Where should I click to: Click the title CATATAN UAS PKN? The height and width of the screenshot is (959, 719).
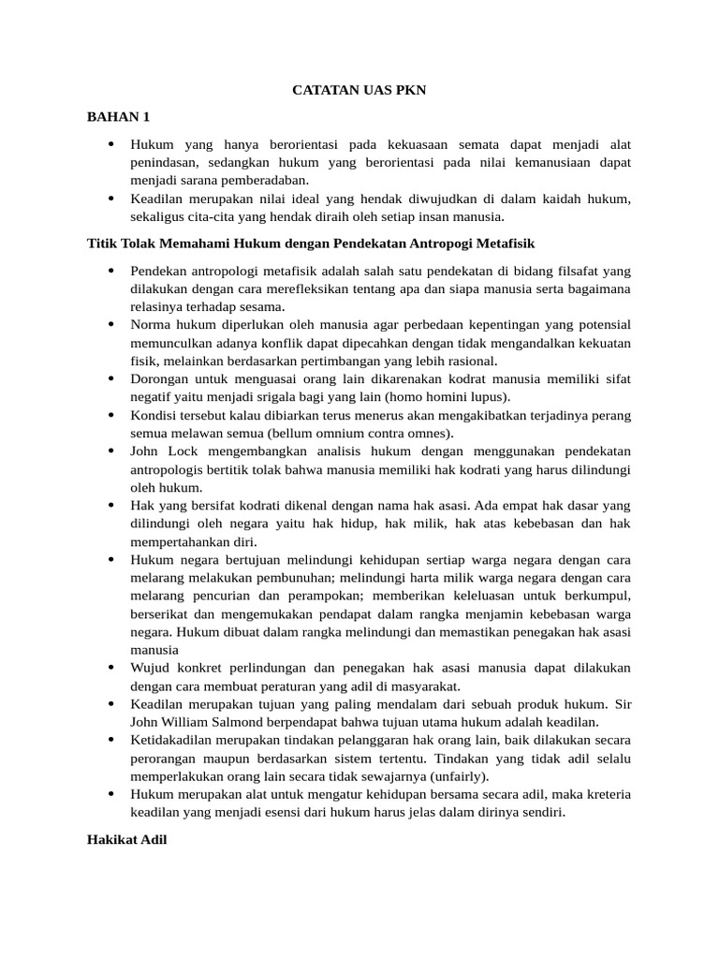(359, 91)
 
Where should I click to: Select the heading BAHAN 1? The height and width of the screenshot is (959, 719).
(118, 117)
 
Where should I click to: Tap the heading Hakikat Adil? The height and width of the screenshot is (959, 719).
(126, 840)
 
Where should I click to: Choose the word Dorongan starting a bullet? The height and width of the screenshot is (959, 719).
(160, 379)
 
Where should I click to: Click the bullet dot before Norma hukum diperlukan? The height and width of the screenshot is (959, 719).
(110, 325)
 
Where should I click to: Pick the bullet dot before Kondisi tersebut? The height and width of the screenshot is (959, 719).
(110, 415)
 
